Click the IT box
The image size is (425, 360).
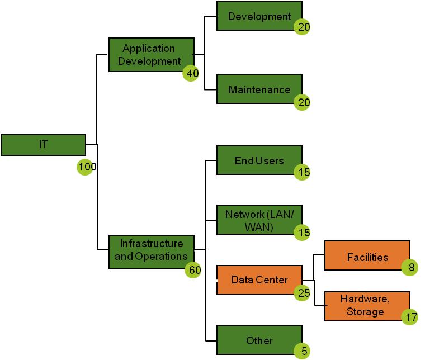(43, 144)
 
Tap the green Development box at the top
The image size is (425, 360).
(259, 16)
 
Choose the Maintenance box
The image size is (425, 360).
(259, 89)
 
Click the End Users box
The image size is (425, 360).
(259, 160)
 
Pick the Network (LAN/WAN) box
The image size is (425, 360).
(259, 219)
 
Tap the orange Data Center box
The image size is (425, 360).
(259, 279)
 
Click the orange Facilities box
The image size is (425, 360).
(367, 257)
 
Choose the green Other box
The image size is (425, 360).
(259, 340)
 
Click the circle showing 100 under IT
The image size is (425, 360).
(85, 167)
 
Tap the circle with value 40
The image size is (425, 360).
(191, 73)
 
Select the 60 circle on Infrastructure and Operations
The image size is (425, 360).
(193, 270)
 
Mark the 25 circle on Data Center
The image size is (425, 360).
(303, 292)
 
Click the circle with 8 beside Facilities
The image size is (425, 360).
(410, 268)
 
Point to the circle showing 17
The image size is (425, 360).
(410, 317)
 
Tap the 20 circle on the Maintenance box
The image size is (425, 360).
(303, 102)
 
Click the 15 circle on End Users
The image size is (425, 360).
(303, 173)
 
